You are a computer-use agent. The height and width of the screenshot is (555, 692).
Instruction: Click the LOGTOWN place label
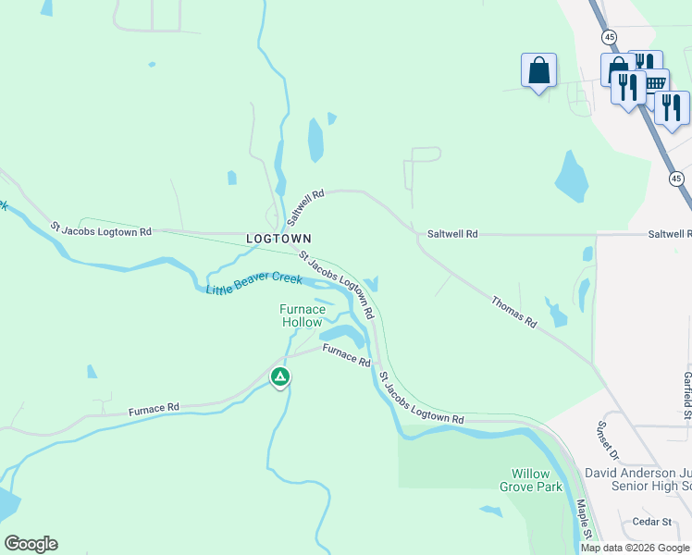pyautogui.click(x=278, y=239)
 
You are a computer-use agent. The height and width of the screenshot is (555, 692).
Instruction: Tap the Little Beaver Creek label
pyautogui.click(x=253, y=284)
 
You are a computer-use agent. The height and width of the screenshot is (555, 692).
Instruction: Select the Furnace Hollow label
pyautogui.click(x=303, y=315)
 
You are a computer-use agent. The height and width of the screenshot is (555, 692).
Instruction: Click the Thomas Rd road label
pyautogui.click(x=513, y=312)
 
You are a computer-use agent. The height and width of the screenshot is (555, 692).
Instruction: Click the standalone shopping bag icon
pyautogui.click(x=538, y=70)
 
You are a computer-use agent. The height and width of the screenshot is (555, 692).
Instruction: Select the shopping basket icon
pyautogui.click(x=656, y=82)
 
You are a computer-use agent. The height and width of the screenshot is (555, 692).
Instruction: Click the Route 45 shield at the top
pyautogui.click(x=608, y=36)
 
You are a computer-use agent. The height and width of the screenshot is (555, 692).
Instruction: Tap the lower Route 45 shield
pyautogui.click(x=676, y=178)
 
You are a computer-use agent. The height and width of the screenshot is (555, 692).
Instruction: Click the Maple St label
pyautogui.click(x=585, y=520)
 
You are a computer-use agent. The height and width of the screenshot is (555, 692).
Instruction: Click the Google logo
pyautogui.click(x=31, y=544)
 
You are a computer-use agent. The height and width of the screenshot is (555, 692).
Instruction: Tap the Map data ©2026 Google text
pyautogui.click(x=635, y=548)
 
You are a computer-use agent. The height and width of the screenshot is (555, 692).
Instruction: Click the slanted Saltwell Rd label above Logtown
pyautogui.click(x=305, y=208)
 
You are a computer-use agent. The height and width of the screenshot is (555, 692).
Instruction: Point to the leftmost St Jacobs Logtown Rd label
pyautogui.click(x=101, y=229)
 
